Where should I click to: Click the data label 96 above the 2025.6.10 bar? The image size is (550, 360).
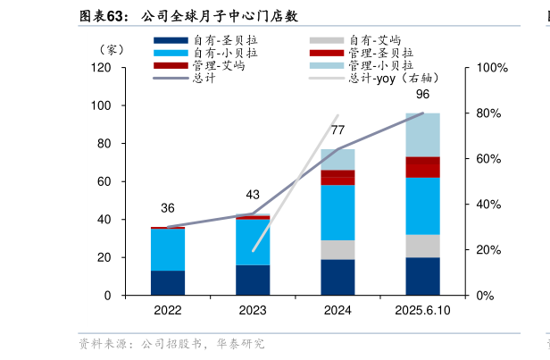pos(422,95)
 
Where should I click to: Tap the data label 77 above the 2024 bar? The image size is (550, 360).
pos(337,130)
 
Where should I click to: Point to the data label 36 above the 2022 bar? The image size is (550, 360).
pos(168,208)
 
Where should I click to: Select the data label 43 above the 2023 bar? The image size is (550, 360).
pos(253,195)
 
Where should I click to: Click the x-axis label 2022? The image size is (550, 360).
pos(168,310)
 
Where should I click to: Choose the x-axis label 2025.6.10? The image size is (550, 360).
pos(422,310)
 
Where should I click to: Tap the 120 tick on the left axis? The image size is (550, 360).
pos(101,68)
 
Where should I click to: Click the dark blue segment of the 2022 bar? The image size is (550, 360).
pos(168,282)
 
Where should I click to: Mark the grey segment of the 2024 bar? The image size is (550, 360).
pos(337,249)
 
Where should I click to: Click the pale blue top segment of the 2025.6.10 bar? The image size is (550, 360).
pos(422,134)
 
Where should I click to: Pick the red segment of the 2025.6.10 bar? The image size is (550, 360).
pos(422,167)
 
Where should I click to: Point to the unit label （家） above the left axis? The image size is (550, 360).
pos(112,50)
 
